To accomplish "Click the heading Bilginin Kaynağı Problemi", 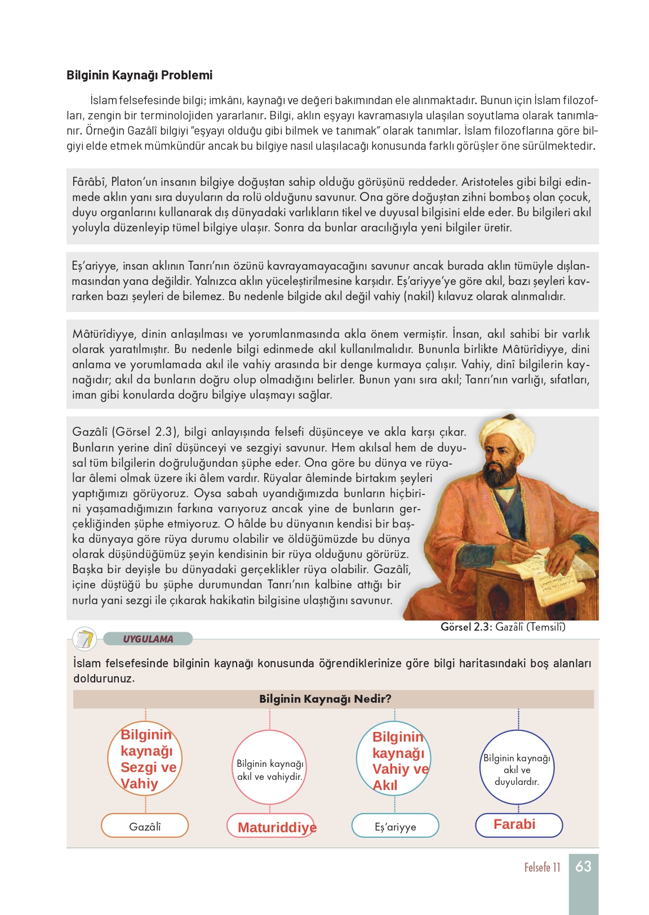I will [x=139, y=75].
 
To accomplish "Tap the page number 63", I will [x=583, y=866].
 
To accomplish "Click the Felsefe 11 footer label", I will [x=542, y=867].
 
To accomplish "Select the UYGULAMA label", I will [x=148, y=639].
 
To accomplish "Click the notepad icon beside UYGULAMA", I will [x=85, y=639].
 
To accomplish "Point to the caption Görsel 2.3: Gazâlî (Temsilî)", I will [x=503, y=627].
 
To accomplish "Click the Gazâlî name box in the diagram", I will [x=145, y=826].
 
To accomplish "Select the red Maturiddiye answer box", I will [x=271, y=826].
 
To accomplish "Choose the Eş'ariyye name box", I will [x=395, y=826].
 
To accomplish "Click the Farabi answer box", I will [x=519, y=825].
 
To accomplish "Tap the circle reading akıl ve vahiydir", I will [x=270, y=767].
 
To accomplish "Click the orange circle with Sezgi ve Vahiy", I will [x=145, y=759].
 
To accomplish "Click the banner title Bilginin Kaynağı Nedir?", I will [x=325, y=699].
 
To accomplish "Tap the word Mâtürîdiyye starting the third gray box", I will [x=103, y=334].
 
